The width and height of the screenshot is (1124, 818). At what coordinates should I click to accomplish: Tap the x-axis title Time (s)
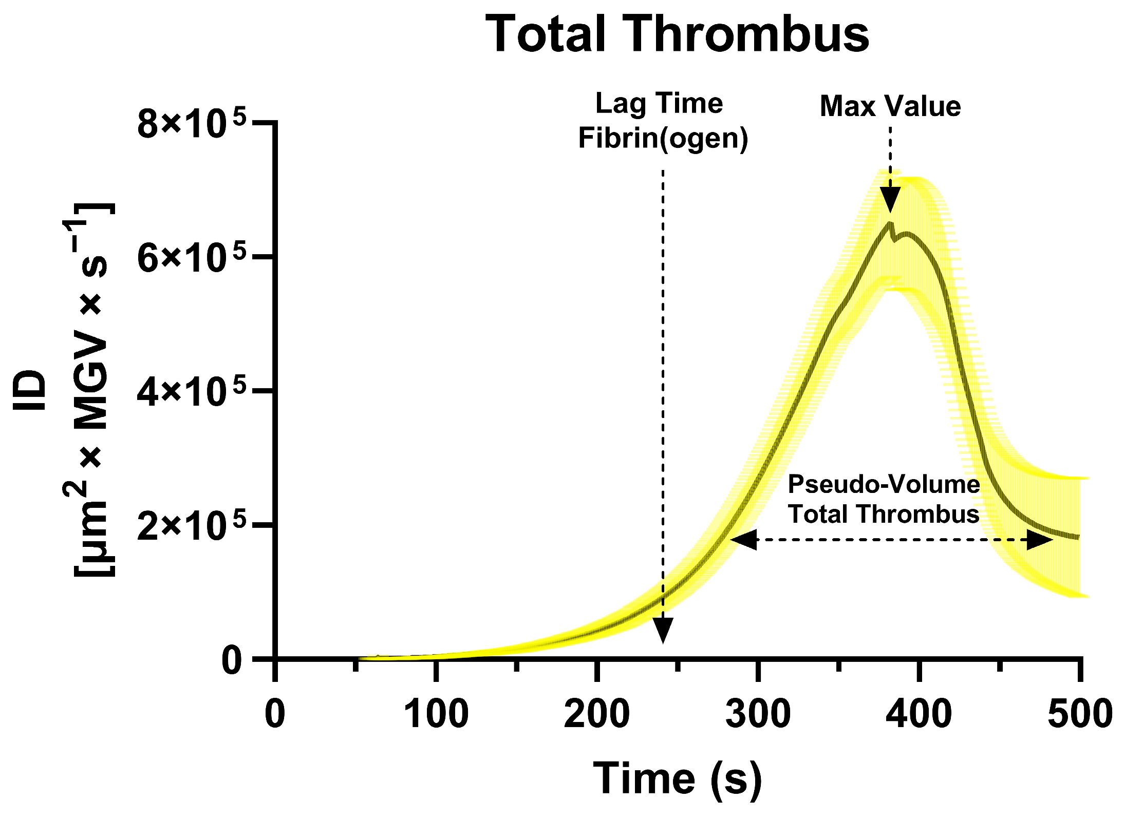pyautogui.click(x=677, y=778)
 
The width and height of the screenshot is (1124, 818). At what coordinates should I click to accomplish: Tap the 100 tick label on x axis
pyautogui.click(x=436, y=714)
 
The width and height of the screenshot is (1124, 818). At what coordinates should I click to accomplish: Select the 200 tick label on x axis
pyautogui.click(x=596, y=714)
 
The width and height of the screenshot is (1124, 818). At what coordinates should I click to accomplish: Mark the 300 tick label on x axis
pyautogui.click(x=758, y=714)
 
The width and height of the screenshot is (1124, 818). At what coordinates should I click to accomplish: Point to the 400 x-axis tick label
pyautogui.click(x=919, y=714)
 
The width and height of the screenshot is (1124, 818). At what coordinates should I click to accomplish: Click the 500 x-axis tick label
pyautogui.click(x=1080, y=714)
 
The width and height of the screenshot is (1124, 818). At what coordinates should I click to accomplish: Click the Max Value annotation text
pyautogui.click(x=890, y=106)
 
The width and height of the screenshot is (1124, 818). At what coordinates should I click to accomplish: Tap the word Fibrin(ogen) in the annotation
pyautogui.click(x=663, y=138)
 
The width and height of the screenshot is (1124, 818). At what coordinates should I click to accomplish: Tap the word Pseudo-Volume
pyautogui.click(x=884, y=484)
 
